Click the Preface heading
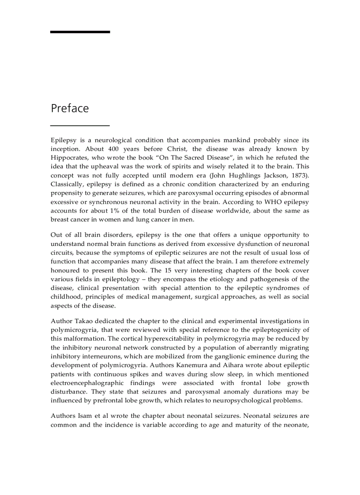pos(70,108)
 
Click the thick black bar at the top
pos(80,32)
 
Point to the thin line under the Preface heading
pos(80,126)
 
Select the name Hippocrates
pos(69,157)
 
